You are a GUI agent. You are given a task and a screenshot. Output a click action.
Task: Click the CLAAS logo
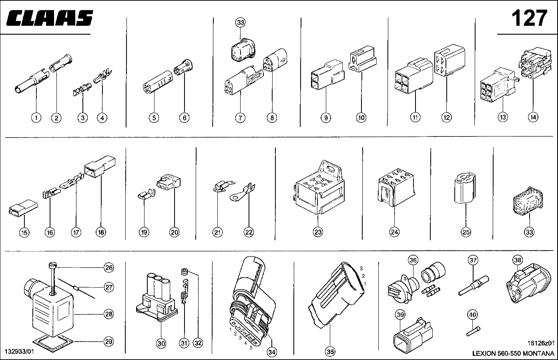click(x=50, y=18)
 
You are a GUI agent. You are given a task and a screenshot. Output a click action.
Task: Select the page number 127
click(x=530, y=18)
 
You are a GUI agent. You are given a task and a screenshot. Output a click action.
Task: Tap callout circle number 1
click(x=36, y=118)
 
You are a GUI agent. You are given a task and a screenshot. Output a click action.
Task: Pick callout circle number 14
click(x=533, y=117)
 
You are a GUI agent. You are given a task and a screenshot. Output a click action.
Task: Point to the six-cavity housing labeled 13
click(x=498, y=85)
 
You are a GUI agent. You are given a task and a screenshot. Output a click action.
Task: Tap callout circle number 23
click(x=318, y=232)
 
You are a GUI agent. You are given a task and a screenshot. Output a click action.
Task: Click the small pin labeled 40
click(x=473, y=331)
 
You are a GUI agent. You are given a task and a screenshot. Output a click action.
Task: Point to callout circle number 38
click(x=518, y=260)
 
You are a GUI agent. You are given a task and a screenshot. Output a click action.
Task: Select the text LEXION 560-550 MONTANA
click(x=513, y=353)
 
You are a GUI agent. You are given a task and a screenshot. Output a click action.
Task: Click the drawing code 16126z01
click(x=541, y=343)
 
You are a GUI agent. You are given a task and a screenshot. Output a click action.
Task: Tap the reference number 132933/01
click(x=19, y=352)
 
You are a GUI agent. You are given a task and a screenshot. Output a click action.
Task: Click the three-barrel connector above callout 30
click(x=157, y=297)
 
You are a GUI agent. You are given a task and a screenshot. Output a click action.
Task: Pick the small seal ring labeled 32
click(x=185, y=272)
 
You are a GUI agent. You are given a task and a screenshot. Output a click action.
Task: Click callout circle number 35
click(x=330, y=352)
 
